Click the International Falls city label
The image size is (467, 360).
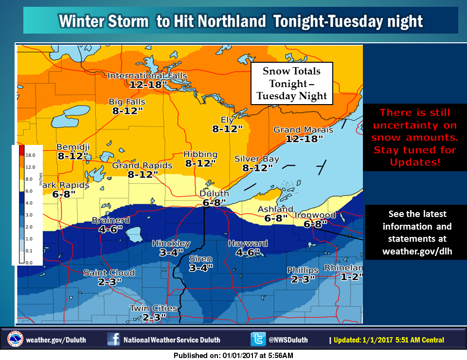(x=136, y=75)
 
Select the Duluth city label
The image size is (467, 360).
(x=214, y=194)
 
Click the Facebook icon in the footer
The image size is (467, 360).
(x=113, y=339)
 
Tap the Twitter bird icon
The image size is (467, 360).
(x=257, y=339)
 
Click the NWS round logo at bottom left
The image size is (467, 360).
(x=15, y=339)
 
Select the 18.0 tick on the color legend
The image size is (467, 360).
(x=30, y=155)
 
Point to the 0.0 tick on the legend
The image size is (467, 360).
(x=29, y=262)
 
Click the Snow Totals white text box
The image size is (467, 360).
(x=291, y=83)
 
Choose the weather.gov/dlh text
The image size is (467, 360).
(x=417, y=251)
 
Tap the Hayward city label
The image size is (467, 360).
(x=248, y=243)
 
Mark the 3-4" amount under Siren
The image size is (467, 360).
(x=200, y=268)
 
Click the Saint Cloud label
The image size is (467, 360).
(x=109, y=272)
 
